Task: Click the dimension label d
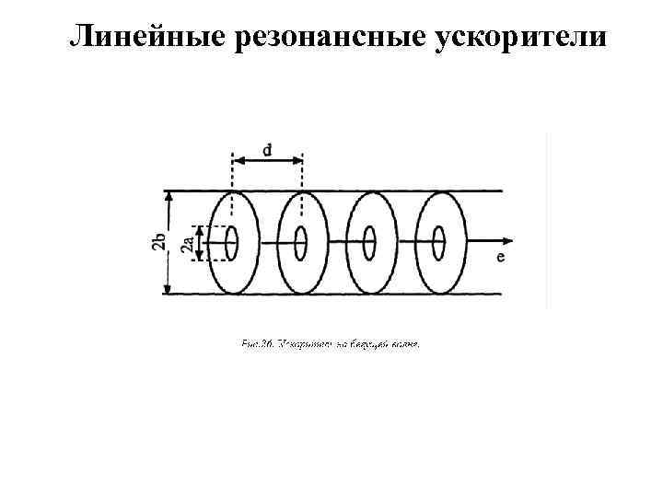(266, 148)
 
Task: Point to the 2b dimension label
(158, 243)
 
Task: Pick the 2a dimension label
(187, 244)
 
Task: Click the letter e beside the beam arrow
(500, 257)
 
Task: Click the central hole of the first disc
(231, 244)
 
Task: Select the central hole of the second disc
(300, 244)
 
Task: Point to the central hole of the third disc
(369, 244)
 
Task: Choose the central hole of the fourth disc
(438, 244)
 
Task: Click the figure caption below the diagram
(331, 344)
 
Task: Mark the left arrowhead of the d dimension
(235, 160)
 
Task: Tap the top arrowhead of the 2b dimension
(168, 195)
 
